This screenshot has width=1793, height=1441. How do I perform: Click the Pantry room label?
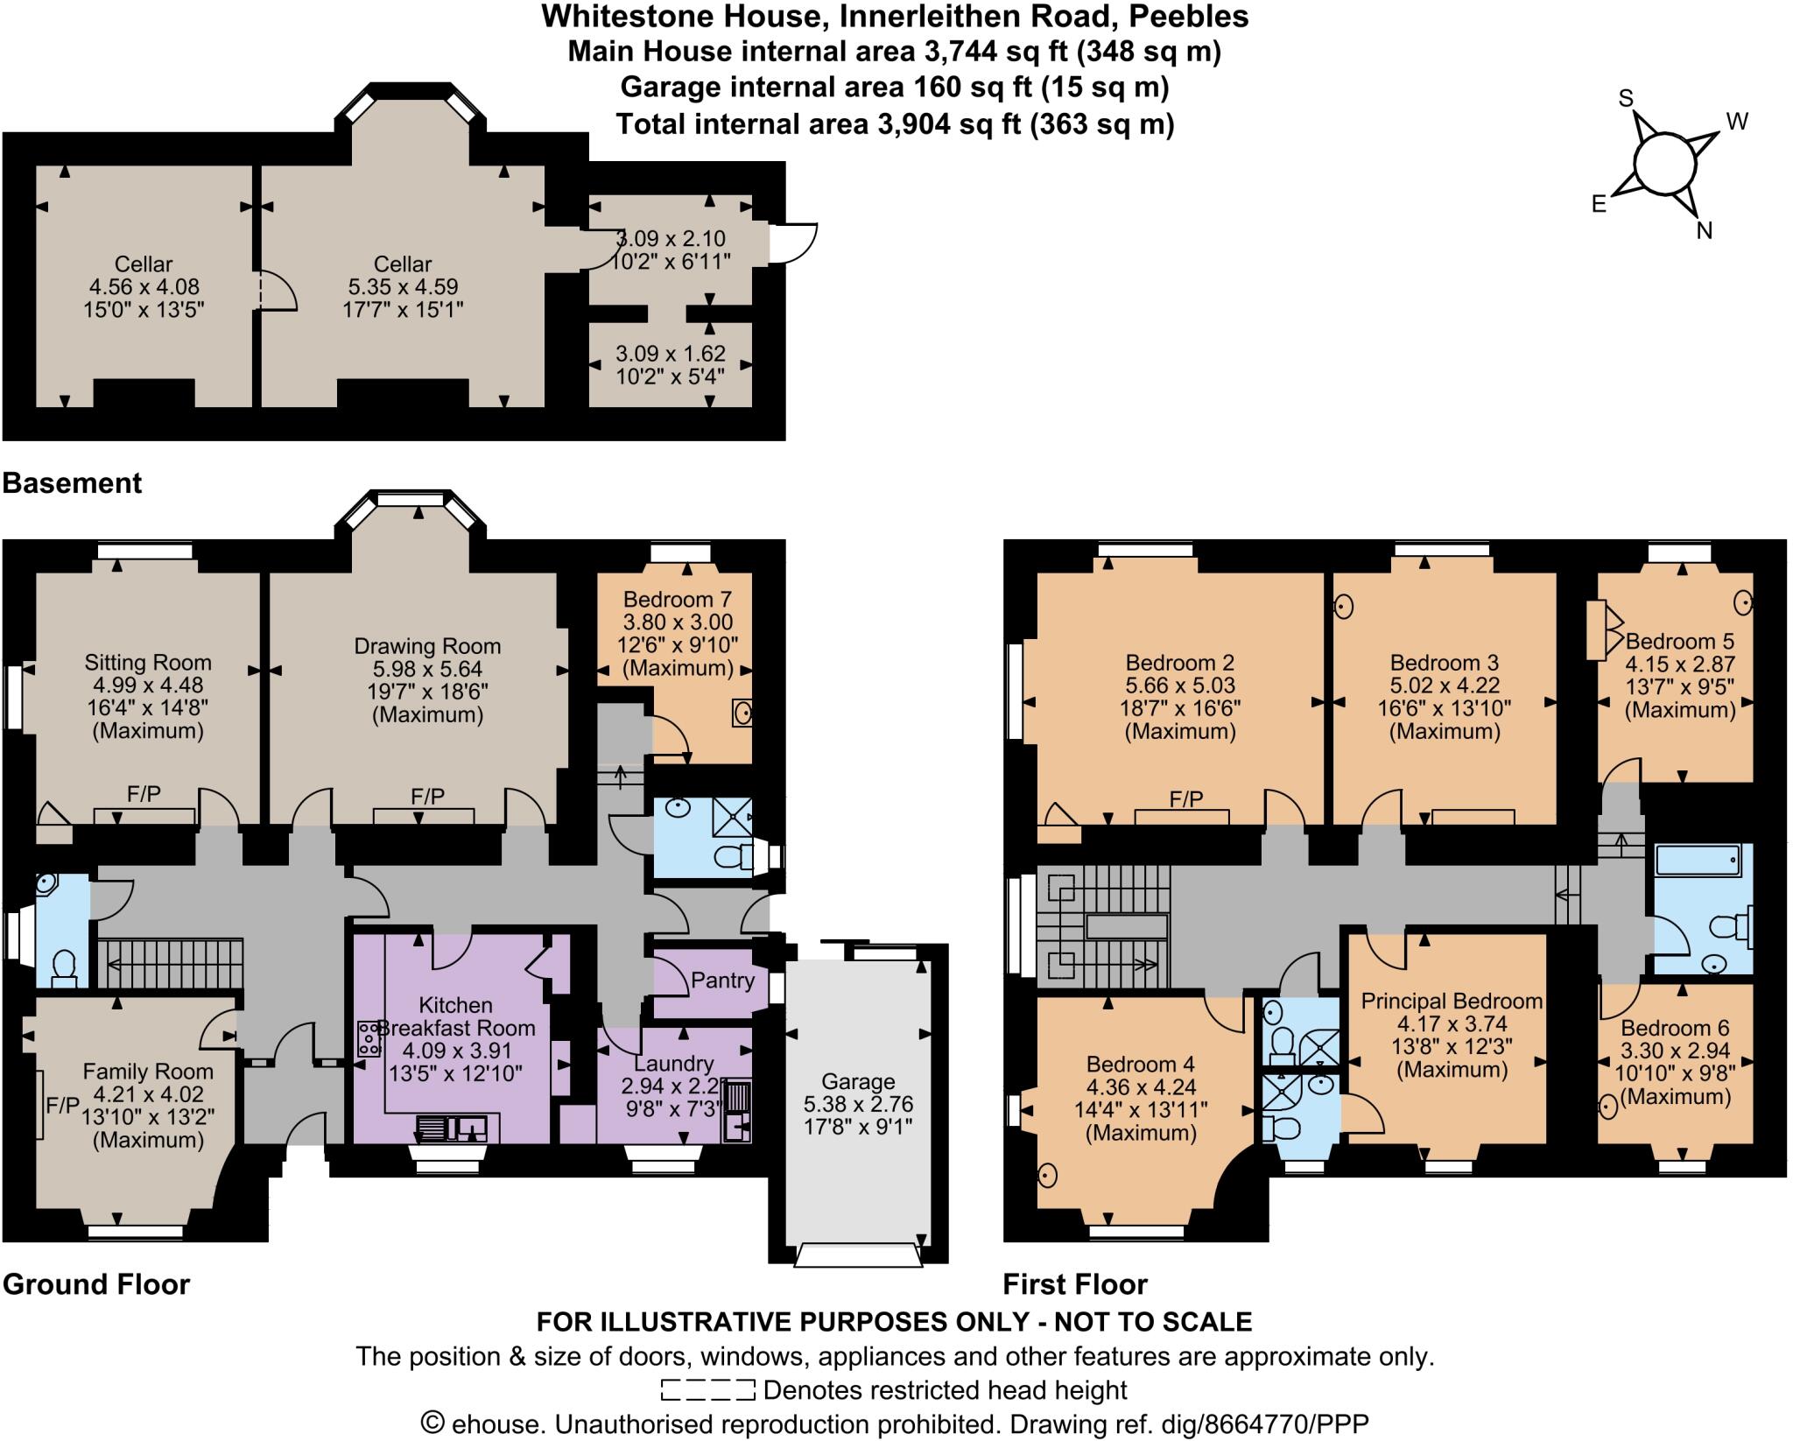click(x=722, y=981)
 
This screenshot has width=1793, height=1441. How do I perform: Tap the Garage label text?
click(x=858, y=1081)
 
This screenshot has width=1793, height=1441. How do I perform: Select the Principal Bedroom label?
click(x=1452, y=1001)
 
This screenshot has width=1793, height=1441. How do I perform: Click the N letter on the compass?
click(x=1704, y=230)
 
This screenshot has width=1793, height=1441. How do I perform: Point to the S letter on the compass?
click(x=1626, y=99)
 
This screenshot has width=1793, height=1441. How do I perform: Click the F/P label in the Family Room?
click(x=62, y=1106)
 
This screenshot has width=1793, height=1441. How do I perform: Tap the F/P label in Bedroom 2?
click(x=1186, y=799)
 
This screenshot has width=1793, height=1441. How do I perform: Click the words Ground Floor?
click(x=96, y=1284)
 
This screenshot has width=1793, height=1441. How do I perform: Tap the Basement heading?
click(x=72, y=483)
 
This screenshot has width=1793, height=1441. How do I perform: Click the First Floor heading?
click(x=1074, y=1284)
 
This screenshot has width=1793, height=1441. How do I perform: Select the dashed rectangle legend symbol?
click(x=708, y=1389)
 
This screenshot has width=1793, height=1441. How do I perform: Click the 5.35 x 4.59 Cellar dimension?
click(x=403, y=286)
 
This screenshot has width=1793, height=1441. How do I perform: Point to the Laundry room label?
click(x=674, y=1064)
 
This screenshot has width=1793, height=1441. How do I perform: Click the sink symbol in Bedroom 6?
click(x=1607, y=1107)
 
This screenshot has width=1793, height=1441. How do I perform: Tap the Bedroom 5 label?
click(x=1680, y=642)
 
